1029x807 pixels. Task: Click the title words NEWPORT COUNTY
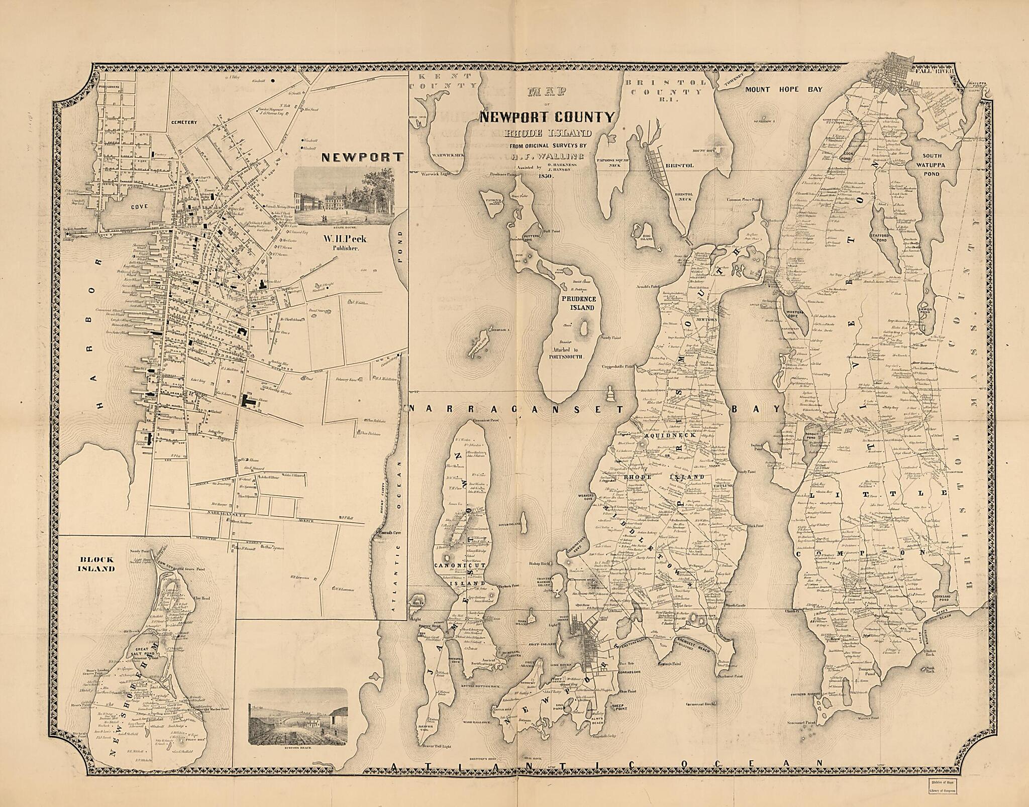pos(547,118)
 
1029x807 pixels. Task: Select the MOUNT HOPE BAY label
pos(783,89)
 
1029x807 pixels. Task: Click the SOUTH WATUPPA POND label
pos(931,163)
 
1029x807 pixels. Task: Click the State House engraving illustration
pos(344,196)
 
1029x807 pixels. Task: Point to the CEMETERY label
pos(182,122)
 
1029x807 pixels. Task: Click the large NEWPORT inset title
pos(362,157)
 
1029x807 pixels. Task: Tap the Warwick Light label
pos(437,174)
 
